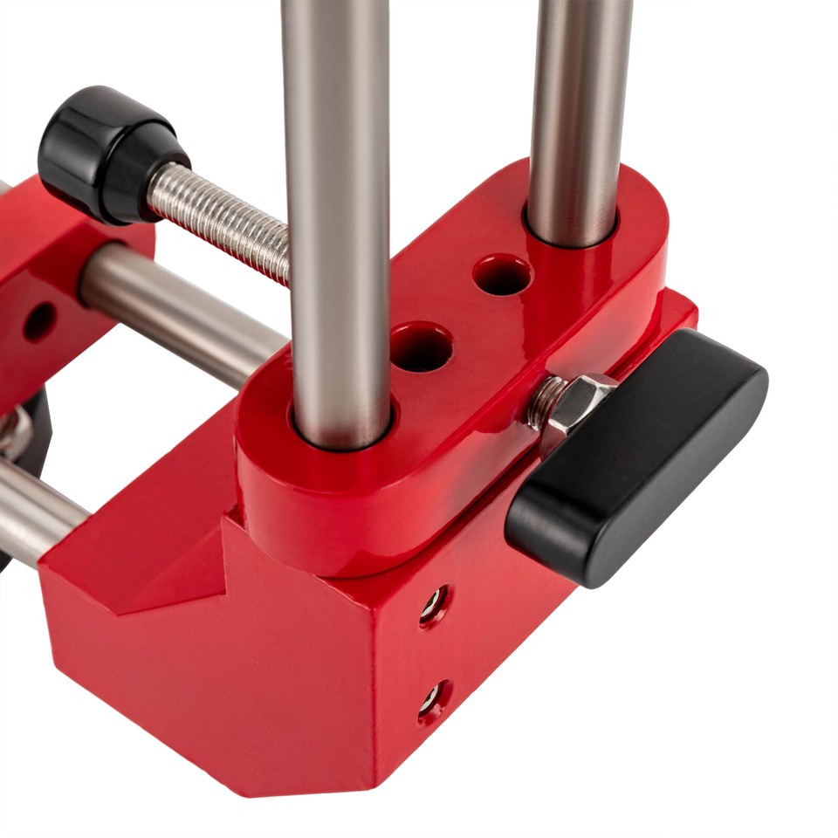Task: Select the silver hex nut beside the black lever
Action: coord(576,402)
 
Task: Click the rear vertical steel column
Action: coord(577,105)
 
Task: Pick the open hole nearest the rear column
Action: coord(503,275)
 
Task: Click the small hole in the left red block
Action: coord(38,322)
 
